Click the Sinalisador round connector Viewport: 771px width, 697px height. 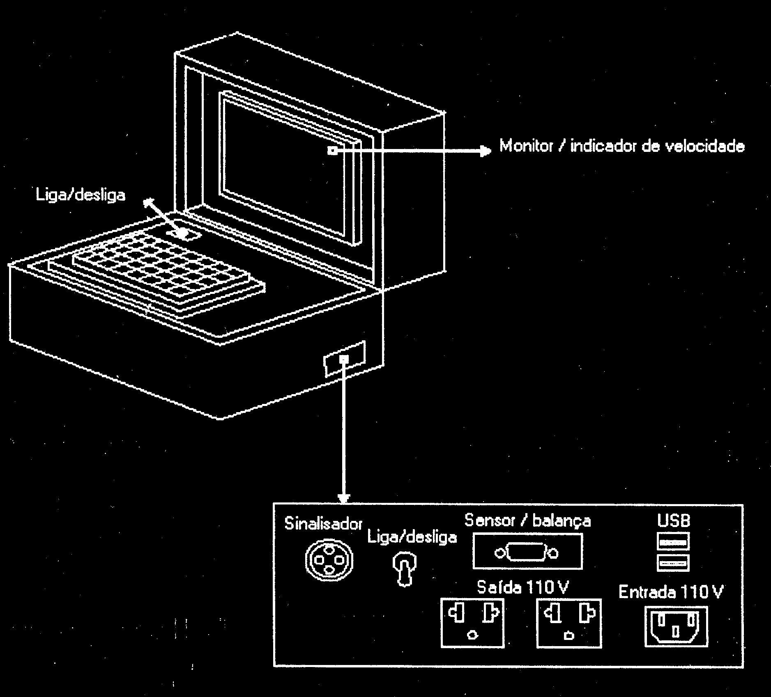point(329,559)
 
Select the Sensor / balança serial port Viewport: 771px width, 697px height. point(527,551)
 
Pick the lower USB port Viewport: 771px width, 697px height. point(673,562)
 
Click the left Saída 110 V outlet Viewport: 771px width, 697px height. point(472,623)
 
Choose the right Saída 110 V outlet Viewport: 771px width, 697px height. point(569,623)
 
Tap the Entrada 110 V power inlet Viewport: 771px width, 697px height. point(676,626)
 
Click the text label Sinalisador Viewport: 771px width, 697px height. point(323,524)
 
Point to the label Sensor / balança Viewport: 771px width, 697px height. point(527,520)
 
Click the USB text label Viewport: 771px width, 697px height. point(674,520)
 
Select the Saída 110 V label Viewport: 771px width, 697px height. point(522,588)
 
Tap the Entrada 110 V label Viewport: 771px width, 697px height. point(670,592)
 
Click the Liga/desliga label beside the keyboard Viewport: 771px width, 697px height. point(81,195)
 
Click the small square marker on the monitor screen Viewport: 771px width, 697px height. point(332,151)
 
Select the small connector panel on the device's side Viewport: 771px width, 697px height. point(345,358)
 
